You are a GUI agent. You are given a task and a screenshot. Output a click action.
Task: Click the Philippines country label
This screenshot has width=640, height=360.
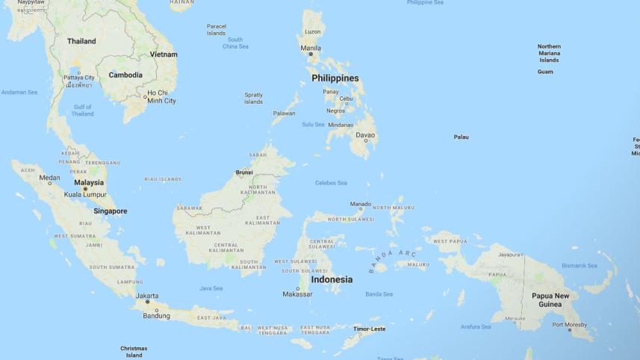tap(335, 78)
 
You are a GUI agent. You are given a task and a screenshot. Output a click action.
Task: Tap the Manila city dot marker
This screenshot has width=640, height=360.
tap(311, 55)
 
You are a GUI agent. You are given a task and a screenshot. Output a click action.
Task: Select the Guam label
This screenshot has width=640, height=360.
tap(545, 72)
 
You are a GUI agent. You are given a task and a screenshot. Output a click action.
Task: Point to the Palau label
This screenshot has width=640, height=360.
tap(462, 137)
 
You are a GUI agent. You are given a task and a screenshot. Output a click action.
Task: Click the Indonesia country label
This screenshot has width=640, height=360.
tap(332, 279)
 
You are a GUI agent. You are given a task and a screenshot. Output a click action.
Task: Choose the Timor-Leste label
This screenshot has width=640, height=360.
tap(370, 329)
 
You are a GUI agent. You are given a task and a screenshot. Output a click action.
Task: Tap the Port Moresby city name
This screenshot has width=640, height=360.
tap(570, 325)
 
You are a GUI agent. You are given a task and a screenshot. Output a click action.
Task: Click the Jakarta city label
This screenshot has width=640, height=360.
tap(147, 296)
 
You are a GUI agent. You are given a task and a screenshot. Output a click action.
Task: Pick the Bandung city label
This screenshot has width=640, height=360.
tap(157, 316)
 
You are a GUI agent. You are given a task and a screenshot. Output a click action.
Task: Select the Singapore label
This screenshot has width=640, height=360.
tap(111, 211)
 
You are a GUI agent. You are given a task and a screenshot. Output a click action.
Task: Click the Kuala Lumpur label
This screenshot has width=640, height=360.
tap(85, 195)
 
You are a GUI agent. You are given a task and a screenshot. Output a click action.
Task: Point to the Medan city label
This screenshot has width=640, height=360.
tap(49, 178)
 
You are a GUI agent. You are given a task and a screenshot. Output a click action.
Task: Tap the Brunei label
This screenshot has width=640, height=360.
tap(244, 173)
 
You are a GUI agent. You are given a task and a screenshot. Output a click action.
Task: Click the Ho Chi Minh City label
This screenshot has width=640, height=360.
tap(161, 96)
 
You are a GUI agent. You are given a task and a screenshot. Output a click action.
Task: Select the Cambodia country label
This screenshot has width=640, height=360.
tap(125, 75)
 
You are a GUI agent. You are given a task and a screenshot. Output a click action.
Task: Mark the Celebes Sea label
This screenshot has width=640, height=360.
tap(331, 183)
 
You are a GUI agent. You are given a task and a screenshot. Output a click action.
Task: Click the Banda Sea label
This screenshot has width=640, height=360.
tap(379, 294)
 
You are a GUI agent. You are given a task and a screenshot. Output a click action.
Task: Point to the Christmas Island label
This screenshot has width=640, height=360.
tap(134, 352)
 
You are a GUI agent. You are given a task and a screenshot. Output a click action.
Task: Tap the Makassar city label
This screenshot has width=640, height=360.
tap(297, 294)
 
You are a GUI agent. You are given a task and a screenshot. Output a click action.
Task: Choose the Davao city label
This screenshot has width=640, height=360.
tap(365, 135)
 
